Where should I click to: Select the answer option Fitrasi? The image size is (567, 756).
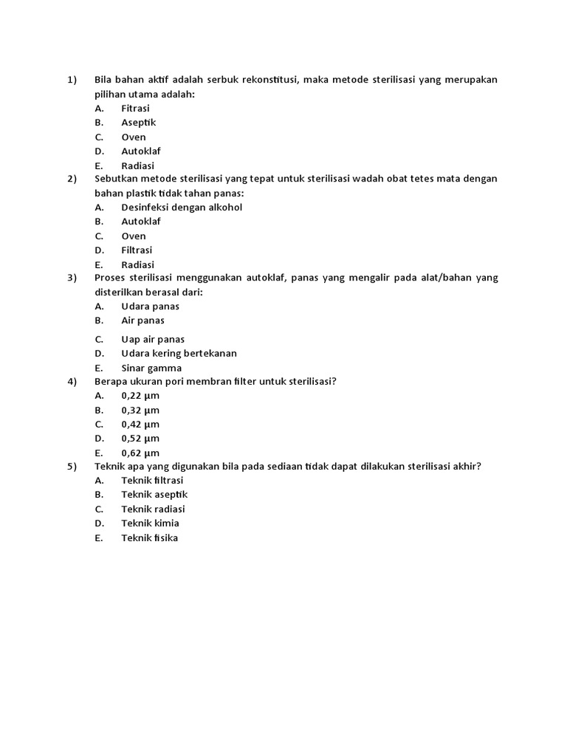click(135, 109)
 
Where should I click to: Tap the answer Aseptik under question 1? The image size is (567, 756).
click(138, 123)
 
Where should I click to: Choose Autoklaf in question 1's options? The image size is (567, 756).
click(140, 151)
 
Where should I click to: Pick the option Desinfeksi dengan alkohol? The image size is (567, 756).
click(182, 207)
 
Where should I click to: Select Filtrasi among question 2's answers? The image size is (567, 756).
click(137, 250)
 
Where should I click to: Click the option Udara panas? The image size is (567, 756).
click(150, 306)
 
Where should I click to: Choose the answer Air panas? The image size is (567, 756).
click(142, 320)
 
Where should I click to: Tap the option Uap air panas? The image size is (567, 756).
click(153, 340)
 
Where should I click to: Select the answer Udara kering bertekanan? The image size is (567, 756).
click(179, 354)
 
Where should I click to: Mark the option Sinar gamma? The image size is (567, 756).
click(151, 368)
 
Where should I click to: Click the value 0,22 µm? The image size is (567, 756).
click(140, 396)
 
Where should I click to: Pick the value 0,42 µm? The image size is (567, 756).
click(140, 425)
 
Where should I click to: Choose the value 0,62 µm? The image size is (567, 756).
click(140, 453)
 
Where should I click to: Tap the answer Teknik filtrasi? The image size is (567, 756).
click(152, 481)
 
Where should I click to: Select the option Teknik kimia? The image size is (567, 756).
click(150, 523)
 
